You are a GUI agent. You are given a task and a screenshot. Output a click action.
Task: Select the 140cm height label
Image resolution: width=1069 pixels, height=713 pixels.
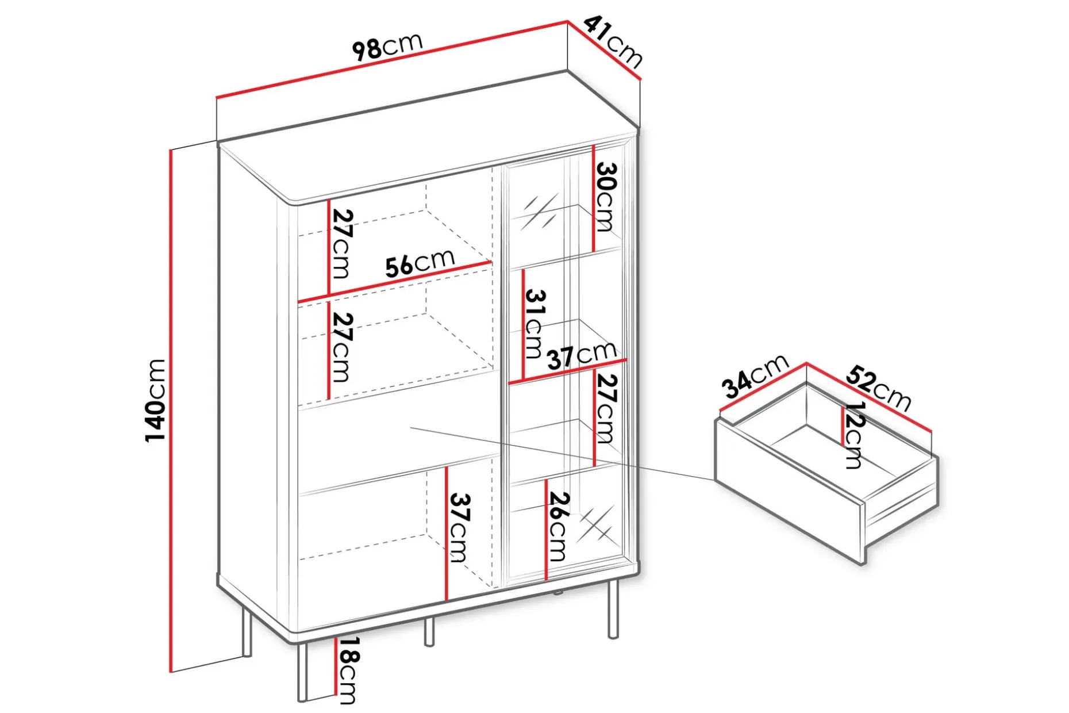point(155,400)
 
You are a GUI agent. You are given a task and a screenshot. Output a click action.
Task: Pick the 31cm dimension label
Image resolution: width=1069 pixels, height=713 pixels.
point(534,323)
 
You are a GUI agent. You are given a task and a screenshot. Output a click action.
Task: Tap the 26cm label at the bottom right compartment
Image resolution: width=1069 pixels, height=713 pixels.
point(558,526)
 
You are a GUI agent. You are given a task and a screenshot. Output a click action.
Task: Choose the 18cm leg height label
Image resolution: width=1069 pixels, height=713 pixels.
point(348,670)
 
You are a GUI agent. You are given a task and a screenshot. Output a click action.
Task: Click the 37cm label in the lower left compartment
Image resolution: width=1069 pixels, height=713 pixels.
point(458,527)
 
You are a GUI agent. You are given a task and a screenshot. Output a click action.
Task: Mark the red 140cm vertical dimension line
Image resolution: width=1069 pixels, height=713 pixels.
point(171,410)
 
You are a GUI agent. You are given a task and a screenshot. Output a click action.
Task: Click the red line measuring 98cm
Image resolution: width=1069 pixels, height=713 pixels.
point(392,60)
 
